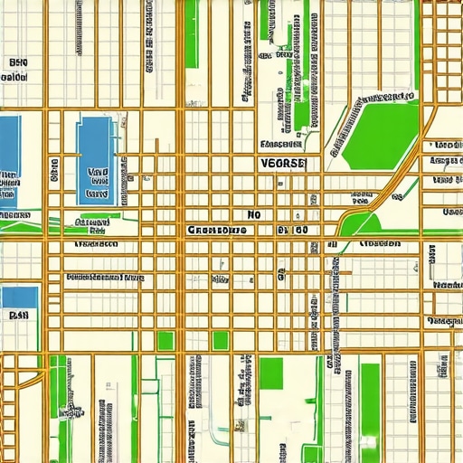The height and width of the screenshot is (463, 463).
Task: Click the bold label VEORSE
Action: click(x=283, y=164)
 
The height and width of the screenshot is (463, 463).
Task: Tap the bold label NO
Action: click(x=253, y=215)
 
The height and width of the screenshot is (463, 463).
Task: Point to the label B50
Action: click(x=17, y=63)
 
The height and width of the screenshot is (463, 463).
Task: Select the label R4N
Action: click(x=18, y=317)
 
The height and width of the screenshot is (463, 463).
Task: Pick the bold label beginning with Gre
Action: click(x=216, y=231)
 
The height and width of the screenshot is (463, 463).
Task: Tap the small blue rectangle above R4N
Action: click(x=19, y=297)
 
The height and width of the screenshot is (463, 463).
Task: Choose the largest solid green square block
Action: click(x=271, y=371)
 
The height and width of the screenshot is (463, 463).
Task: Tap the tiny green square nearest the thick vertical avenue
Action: click(x=165, y=340)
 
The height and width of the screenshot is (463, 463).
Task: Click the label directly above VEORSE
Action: click(x=280, y=144)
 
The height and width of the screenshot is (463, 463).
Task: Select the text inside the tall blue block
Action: click(x=96, y=181)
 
